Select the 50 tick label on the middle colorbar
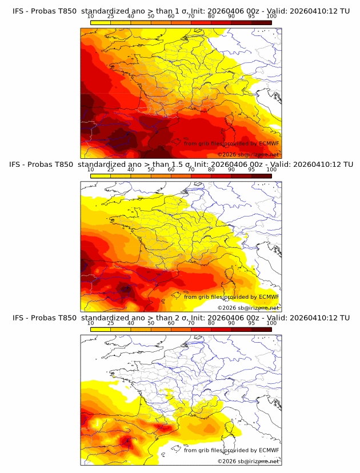[151, 170]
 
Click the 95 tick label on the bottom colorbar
[251, 323]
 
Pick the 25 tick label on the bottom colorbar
[110, 323]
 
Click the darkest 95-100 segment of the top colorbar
[261, 22]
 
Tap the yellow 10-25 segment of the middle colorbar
[101, 176]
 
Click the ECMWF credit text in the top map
[231, 143]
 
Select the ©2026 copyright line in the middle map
[248, 308]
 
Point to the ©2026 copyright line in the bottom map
[248, 461]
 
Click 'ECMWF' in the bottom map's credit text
[269, 450]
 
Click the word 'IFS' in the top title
[18, 11]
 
